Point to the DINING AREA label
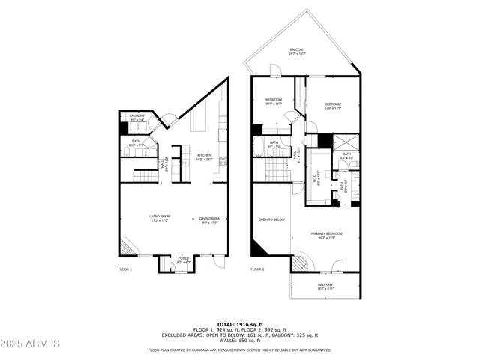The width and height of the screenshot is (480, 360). pyautogui.click(x=208, y=218)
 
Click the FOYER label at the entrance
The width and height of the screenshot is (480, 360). pyautogui.click(x=183, y=259)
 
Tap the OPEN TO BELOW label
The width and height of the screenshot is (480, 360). pyautogui.click(x=271, y=220)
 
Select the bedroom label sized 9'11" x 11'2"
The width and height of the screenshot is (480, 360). pyautogui.click(x=273, y=102)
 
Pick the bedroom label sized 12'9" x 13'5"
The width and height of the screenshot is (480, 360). pyautogui.click(x=332, y=106)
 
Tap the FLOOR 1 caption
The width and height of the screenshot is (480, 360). pyautogui.click(x=125, y=268)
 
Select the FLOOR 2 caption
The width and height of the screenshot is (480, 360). pyautogui.click(x=257, y=268)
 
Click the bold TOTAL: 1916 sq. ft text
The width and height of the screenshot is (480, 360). pyautogui.click(x=239, y=323)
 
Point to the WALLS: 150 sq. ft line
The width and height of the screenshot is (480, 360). pyautogui.click(x=239, y=340)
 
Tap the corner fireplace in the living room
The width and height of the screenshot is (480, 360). pyautogui.click(x=126, y=247)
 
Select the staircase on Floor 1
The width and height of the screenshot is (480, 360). pyautogui.click(x=143, y=177)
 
